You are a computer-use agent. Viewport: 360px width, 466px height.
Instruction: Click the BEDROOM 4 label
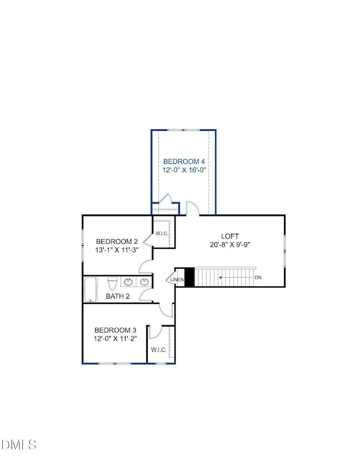[184, 162]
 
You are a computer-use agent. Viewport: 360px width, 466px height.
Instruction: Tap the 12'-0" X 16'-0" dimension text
[184, 171]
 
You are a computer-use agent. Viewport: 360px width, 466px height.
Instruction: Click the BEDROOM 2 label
[117, 242]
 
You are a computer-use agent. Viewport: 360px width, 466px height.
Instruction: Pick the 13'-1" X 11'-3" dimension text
[117, 250]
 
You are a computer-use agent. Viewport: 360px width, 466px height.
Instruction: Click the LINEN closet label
[177, 279]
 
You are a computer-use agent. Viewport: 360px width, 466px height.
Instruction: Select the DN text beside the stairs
[258, 277]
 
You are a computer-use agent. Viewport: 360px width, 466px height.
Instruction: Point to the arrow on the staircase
[233, 277]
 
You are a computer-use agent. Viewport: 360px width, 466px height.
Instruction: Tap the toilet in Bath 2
[111, 284]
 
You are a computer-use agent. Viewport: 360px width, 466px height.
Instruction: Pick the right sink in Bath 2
[145, 282]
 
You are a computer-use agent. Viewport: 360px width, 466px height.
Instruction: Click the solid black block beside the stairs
[189, 277]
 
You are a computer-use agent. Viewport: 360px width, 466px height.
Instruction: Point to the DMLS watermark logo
[20, 444]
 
